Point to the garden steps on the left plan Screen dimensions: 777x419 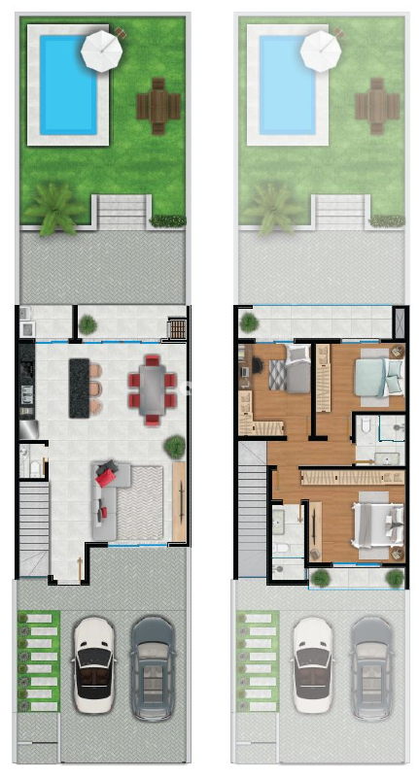(x=122, y=211)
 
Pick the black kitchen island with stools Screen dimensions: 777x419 (x=79, y=388)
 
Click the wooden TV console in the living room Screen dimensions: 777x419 (x=179, y=501)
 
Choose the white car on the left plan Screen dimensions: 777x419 (x=93, y=666)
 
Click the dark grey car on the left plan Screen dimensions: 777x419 (x=152, y=667)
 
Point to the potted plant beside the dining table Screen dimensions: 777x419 (x=175, y=447)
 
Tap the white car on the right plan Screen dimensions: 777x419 (x=313, y=667)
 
